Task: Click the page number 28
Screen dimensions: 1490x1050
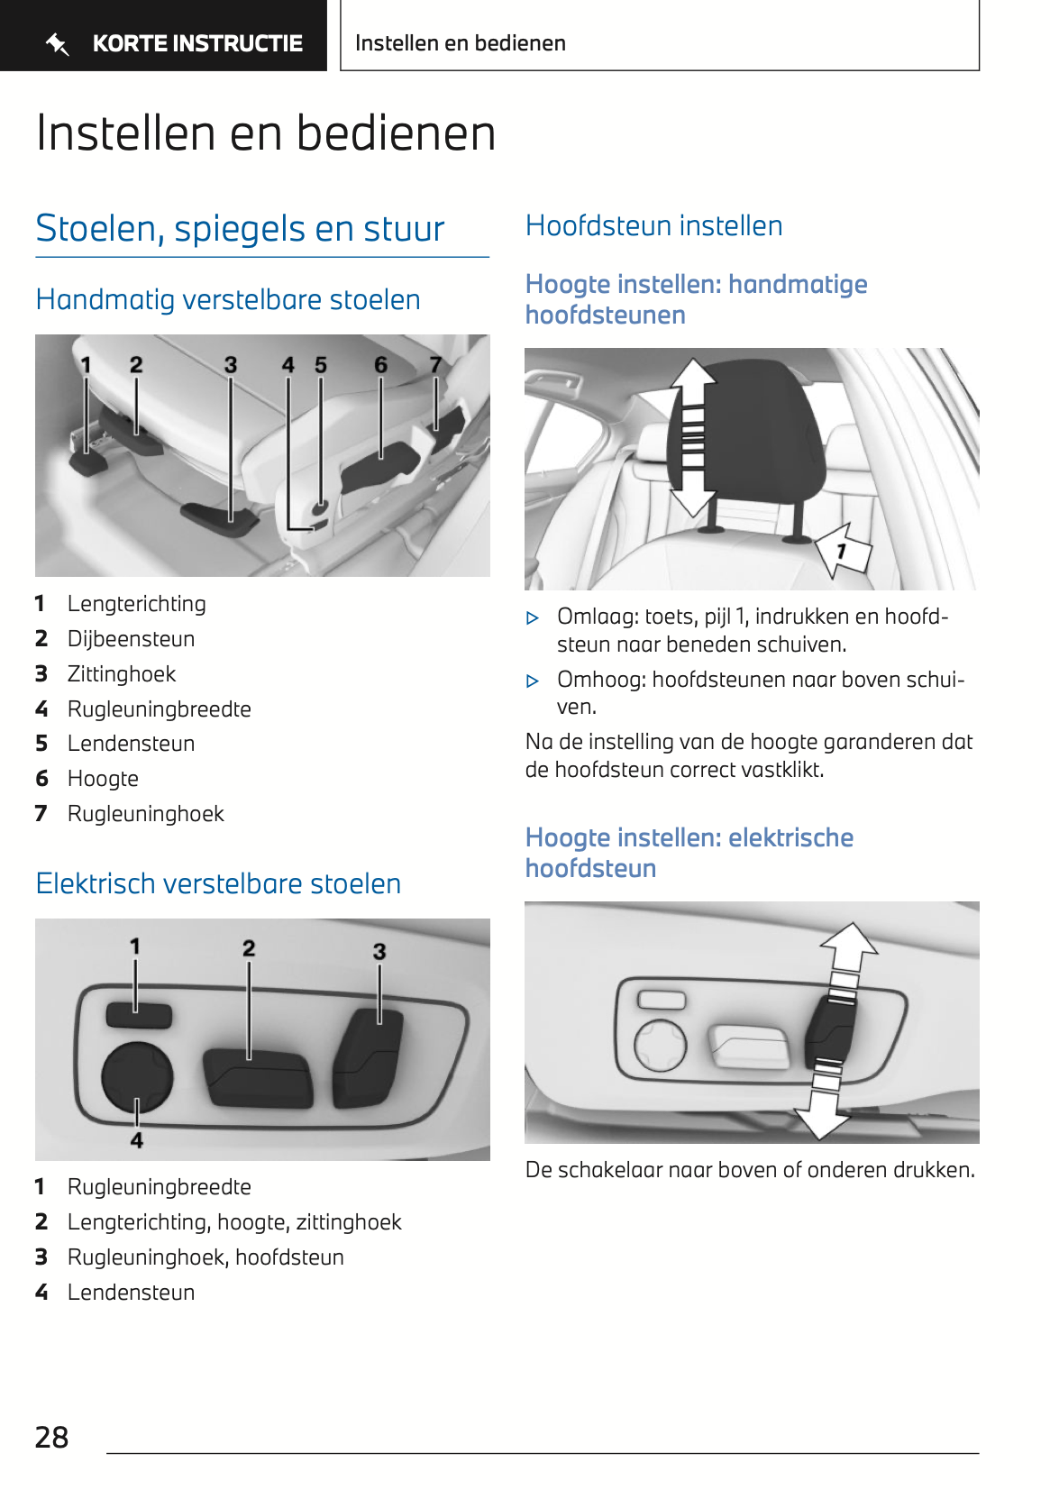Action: (x=51, y=1437)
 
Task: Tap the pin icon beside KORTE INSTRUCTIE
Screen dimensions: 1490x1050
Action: (x=58, y=43)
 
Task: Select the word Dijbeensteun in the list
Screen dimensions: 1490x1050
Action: (x=131, y=639)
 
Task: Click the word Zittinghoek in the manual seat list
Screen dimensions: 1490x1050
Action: (x=122, y=674)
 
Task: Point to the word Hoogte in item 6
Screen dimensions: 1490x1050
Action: (x=103, y=779)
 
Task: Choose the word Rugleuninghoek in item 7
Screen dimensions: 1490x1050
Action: (x=146, y=814)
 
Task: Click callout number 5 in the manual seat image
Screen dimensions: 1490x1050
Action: (x=321, y=365)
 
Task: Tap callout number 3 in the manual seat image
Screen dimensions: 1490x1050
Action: (x=231, y=365)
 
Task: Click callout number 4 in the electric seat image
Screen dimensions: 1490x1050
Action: (x=137, y=1140)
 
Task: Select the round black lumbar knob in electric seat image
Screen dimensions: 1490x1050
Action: (x=137, y=1076)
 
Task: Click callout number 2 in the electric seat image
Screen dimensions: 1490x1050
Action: (x=249, y=948)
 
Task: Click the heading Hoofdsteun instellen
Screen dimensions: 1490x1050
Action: (x=653, y=225)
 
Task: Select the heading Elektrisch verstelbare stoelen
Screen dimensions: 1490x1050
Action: (x=218, y=883)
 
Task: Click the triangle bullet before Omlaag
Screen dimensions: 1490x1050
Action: (x=533, y=618)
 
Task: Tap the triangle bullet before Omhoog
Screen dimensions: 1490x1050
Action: (x=533, y=681)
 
